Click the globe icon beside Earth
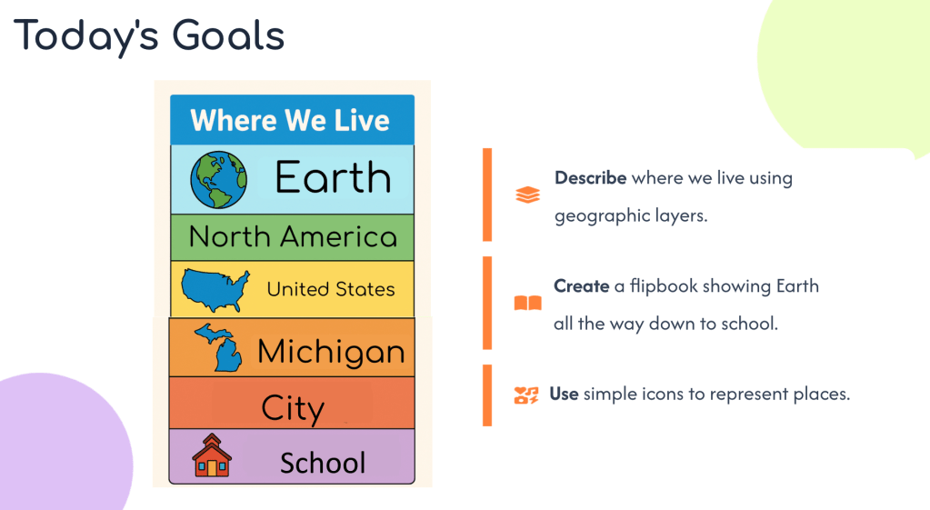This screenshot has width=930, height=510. click(218, 180)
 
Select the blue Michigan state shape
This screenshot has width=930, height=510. click(218, 347)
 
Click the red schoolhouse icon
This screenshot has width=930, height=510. click(212, 455)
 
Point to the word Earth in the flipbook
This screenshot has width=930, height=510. click(333, 177)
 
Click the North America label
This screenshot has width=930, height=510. click(293, 236)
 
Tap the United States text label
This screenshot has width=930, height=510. click(330, 289)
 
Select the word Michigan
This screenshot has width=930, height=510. click(331, 352)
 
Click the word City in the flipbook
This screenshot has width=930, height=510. click(293, 408)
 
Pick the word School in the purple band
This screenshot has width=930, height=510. click(323, 463)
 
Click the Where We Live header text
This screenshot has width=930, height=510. click(290, 120)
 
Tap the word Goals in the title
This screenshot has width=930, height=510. click(228, 35)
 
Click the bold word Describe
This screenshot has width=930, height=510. click(590, 178)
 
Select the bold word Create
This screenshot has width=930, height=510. click(581, 285)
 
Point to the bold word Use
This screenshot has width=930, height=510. click(564, 394)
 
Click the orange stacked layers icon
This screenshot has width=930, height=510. click(528, 195)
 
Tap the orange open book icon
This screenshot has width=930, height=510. click(528, 303)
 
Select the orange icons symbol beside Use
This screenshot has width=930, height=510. click(526, 395)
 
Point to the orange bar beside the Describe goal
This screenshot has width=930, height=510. click(487, 195)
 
